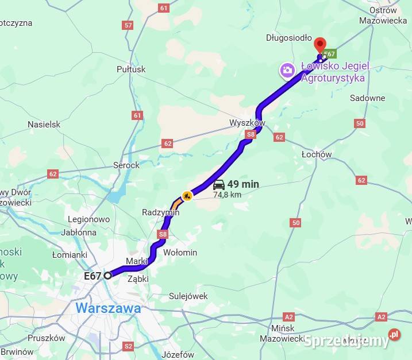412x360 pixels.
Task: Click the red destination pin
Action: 319,44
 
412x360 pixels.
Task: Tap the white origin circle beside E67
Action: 107,276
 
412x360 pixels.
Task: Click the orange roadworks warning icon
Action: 187,196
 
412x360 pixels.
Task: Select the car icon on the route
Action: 218,185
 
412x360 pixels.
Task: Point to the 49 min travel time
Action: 243,184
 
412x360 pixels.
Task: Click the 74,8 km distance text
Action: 228,195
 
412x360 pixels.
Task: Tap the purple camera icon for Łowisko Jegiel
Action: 286,71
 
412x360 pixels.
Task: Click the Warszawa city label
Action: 108,308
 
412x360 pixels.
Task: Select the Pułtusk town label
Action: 131,69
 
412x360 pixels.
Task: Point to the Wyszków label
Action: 247,123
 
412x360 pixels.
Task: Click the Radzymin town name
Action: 160,212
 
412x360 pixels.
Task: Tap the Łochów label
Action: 317,154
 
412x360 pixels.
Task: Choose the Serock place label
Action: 126,165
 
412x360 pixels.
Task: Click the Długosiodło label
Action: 288,38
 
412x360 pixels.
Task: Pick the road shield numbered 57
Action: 128,25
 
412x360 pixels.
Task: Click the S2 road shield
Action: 128,346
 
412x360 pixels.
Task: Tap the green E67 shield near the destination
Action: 329,54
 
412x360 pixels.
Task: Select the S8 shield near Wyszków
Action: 250,134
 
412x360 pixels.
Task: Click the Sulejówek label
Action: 188,296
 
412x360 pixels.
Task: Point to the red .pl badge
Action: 394,334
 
